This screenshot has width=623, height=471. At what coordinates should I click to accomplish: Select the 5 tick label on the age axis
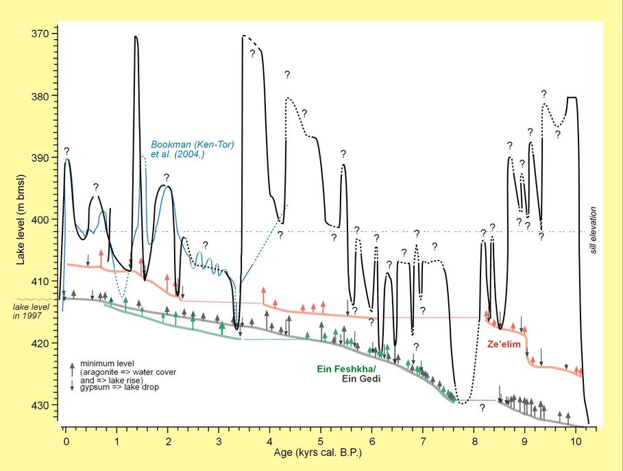321,439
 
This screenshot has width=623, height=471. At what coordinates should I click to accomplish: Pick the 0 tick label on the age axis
65,439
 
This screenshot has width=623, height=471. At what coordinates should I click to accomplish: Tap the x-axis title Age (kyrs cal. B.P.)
320,452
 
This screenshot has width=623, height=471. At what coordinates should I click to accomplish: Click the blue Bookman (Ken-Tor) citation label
178,149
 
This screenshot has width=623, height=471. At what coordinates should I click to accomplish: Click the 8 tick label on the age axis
474,439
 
